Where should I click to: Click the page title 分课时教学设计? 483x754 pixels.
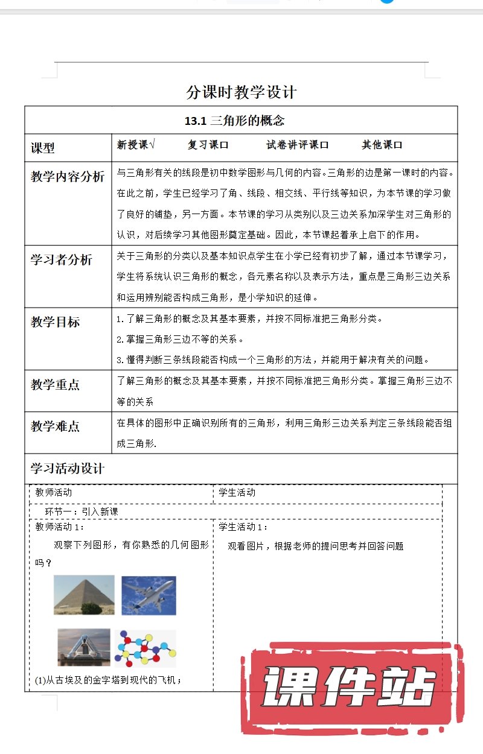pyautogui.click(x=241, y=92)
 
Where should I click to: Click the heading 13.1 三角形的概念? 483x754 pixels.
pyautogui.click(x=234, y=121)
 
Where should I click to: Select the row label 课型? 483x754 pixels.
pyautogui.click(x=43, y=148)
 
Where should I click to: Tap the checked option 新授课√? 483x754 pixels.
pyautogui.click(x=136, y=145)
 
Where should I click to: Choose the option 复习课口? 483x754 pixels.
pyautogui.click(x=208, y=145)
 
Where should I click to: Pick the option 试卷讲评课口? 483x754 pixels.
pyautogui.click(x=298, y=145)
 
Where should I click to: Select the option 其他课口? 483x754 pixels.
pyautogui.click(x=382, y=145)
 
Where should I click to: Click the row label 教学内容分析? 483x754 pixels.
pyautogui.click(x=68, y=177)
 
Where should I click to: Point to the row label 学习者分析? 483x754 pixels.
pyautogui.click(x=62, y=260)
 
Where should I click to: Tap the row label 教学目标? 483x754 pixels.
pyautogui.click(x=56, y=322)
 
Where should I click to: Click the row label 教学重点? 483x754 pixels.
pyautogui.click(x=56, y=385)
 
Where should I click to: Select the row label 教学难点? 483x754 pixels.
pyautogui.click(x=56, y=426)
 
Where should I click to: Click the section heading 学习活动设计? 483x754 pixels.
pyautogui.click(x=68, y=469)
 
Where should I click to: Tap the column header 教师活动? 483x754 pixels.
pyautogui.click(x=54, y=493)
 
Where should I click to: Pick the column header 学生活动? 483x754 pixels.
pyautogui.click(x=237, y=493)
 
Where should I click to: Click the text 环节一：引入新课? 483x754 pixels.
pyautogui.click(x=82, y=512)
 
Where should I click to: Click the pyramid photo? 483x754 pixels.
pyautogui.click(x=84, y=595)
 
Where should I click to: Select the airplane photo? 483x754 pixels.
pyautogui.click(x=149, y=595)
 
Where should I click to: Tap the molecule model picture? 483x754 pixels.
pyautogui.click(x=145, y=647)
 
